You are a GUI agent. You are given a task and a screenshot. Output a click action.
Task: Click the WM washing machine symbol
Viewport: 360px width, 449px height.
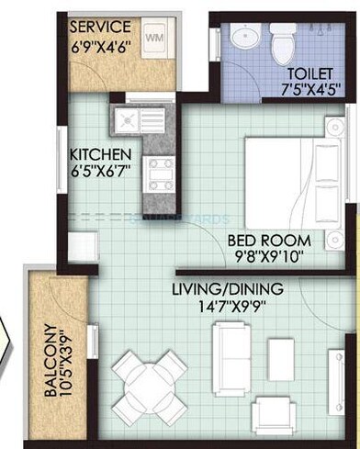pos(153,38)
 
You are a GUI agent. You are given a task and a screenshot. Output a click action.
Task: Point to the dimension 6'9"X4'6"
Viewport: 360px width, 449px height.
pos(102,44)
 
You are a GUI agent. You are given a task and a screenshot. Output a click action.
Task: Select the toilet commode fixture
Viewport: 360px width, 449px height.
pos(281,38)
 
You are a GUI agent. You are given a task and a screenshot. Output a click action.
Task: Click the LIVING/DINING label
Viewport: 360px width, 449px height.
pos(227,290)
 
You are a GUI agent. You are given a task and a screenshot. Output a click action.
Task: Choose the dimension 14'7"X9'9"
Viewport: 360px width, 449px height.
pos(229,309)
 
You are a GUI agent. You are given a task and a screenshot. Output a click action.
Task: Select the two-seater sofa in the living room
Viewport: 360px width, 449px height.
pos(233,352)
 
